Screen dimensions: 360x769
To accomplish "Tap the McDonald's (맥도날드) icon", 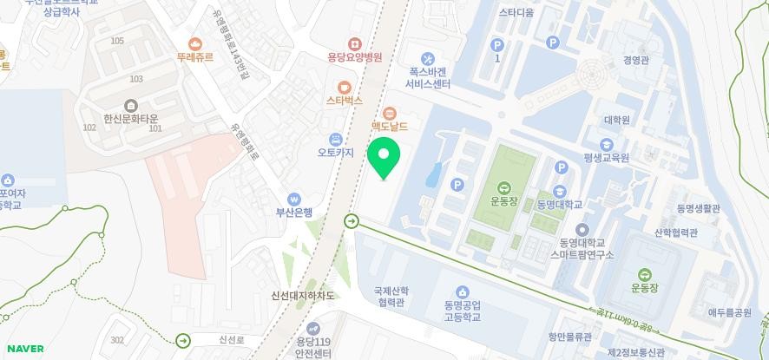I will (390, 113).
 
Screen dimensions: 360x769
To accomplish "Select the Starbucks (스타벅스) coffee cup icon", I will (345, 87).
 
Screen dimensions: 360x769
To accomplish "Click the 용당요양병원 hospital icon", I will (354, 43).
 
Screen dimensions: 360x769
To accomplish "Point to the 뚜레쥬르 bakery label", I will (195, 57).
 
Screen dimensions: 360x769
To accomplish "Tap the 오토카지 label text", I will (335, 153).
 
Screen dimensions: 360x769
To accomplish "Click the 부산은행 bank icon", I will (294, 199).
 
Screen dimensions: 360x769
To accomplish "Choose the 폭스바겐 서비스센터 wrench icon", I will (427, 58).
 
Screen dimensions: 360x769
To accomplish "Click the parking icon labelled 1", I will (497, 45).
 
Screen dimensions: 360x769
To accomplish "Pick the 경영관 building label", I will (635, 61).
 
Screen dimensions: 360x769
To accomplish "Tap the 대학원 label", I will (616, 121).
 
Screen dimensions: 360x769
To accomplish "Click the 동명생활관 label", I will (699, 209).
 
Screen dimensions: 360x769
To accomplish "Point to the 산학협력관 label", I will (676, 233).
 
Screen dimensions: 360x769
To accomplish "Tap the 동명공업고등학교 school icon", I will (462, 291).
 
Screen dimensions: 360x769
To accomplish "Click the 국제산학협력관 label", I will (391, 297).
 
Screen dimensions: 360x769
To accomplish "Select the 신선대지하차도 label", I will (302, 296).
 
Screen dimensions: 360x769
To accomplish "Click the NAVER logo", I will (23, 349).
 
